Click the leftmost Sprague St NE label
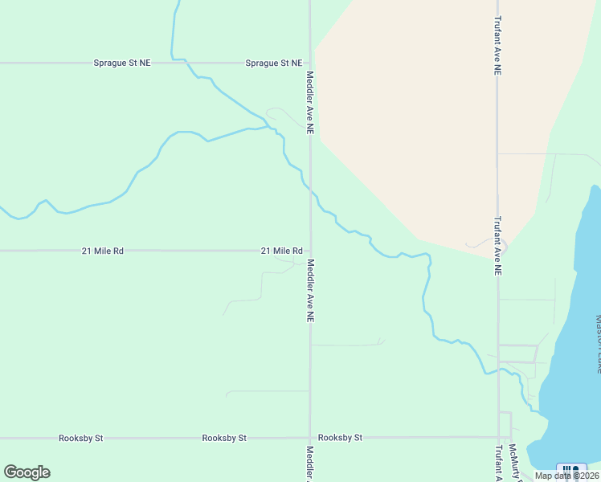[x=122, y=63]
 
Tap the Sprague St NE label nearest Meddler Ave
[x=274, y=63]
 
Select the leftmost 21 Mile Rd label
[x=103, y=251]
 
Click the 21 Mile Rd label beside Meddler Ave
[x=281, y=251]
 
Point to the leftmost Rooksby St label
[x=81, y=438]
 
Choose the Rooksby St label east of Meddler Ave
[x=341, y=438]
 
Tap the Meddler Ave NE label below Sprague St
[x=309, y=102]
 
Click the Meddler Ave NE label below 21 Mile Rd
[x=309, y=290]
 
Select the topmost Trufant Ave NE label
[x=498, y=46]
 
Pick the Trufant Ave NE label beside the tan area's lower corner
[x=498, y=246]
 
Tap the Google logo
[x=27, y=472]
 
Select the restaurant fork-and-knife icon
[x=571, y=469]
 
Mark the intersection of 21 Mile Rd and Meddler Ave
[x=310, y=251]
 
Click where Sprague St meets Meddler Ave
[x=310, y=63]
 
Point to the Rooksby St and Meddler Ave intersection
[x=310, y=438]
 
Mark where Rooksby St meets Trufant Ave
[x=498, y=438]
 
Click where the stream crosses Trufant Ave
[x=498, y=370]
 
